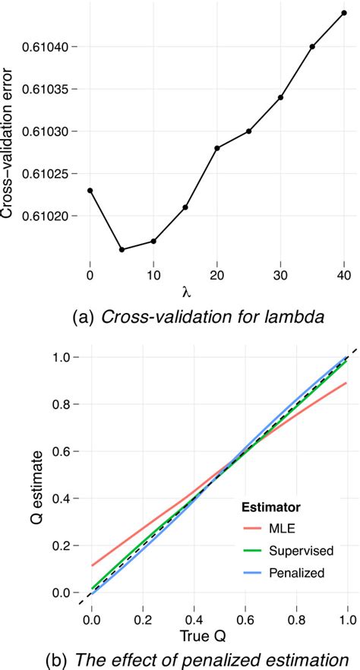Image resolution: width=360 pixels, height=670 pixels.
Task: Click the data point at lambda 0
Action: coord(90,191)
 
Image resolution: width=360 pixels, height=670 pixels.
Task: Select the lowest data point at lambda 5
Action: coord(122,249)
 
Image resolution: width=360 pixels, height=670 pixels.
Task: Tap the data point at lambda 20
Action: coord(217,147)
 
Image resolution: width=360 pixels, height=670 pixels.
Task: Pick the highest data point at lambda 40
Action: coord(344,13)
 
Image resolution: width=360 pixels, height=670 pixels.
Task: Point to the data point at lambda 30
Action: coord(280,97)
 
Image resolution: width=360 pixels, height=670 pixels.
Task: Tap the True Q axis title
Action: coord(217,632)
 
